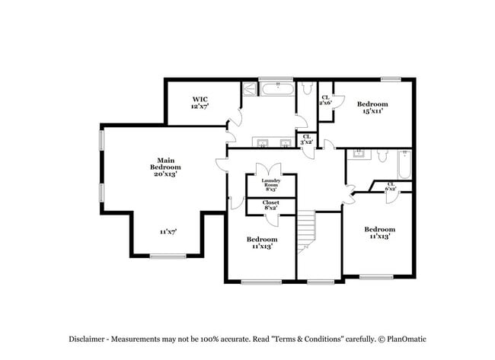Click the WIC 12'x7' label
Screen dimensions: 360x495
point(200,103)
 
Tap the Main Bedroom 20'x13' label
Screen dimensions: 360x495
point(165,167)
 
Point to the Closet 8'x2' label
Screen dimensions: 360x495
point(271,205)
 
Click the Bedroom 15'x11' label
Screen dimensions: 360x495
point(372,107)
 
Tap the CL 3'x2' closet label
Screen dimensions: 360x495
point(307,139)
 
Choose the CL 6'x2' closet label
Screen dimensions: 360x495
point(391,186)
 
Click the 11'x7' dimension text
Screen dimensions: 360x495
point(168,231)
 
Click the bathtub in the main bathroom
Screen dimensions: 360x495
point(278,89)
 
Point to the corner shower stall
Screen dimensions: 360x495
point(250,89)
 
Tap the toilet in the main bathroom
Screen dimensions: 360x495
point(306,89)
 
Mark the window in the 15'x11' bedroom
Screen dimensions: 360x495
point(391,78)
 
